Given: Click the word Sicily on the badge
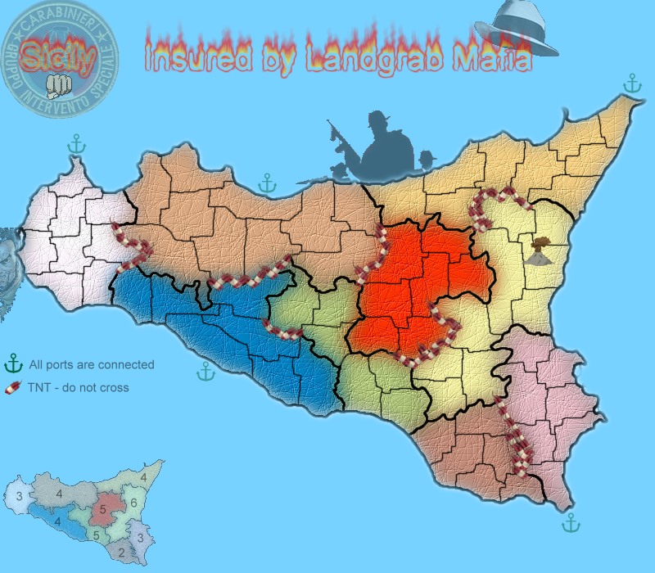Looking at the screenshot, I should click(x=60, y=56).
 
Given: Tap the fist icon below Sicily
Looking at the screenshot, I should click(x=59, y=83).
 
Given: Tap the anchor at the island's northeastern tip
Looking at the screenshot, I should click(x=631, y=83).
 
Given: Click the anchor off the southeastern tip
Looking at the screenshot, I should click(x=571, y=521).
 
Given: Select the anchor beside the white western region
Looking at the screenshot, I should click(x=75, y=146).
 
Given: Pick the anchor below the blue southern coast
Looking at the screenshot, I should click(x=206, y=372).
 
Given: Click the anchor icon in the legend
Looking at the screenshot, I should click(x=13, y=364).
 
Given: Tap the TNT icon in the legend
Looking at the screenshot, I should click(x=13, y=387).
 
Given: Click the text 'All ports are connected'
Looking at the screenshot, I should click(x=91, y=365).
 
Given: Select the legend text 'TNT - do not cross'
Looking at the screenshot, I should click(x=79, y=388).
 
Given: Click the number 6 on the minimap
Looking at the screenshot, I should click(x=133, y=503).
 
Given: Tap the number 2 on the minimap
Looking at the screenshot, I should click(x=122, y=553).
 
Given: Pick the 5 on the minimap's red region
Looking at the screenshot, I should click(x=103, y=509).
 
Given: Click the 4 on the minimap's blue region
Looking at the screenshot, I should click(x=56, y=521).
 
